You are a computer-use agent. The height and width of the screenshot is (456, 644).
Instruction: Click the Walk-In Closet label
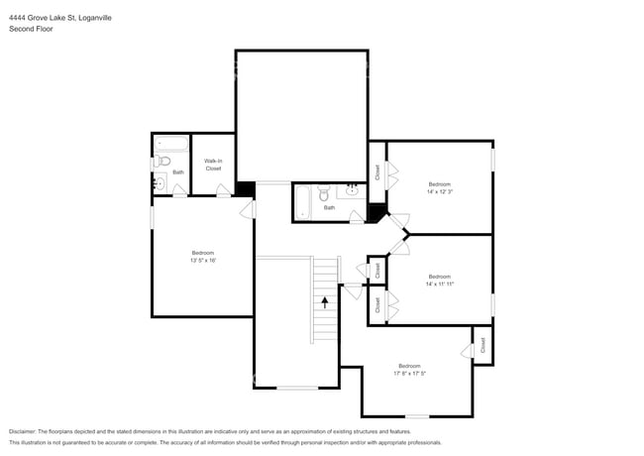click(213, 165)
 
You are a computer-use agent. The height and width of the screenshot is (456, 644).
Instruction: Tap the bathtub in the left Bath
click(170, 143)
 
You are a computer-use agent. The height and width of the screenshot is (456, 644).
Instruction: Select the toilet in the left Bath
click(164, 161)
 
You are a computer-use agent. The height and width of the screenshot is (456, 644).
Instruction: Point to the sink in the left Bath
click(159, 182)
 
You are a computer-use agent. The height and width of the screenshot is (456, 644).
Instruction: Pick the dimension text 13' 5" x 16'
click(203, 261)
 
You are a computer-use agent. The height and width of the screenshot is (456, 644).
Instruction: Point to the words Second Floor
click(31, 30)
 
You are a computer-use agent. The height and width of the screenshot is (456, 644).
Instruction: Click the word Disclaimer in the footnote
click(22, 431)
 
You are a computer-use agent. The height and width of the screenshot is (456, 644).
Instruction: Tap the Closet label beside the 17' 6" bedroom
click(483, 345)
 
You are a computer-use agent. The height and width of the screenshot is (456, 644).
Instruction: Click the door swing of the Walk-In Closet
click(225, 189)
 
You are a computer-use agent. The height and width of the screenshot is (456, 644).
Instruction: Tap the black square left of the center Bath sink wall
click(376, 211)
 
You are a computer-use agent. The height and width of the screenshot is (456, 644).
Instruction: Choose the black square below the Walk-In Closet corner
click(246, 188)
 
